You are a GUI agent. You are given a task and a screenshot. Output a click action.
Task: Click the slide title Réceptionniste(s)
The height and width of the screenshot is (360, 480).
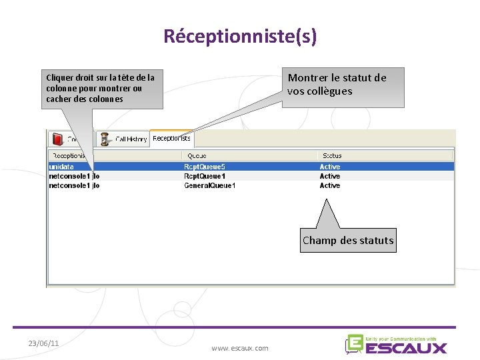(240, 36)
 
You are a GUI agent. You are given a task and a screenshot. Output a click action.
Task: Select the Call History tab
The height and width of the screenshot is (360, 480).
(131, 139)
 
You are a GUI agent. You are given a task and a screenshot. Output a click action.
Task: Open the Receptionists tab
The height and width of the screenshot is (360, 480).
(171, 139)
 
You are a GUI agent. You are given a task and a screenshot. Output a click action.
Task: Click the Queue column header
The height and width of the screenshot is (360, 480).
(197, 156)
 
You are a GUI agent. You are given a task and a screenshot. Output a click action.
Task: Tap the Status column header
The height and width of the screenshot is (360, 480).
(332, 156)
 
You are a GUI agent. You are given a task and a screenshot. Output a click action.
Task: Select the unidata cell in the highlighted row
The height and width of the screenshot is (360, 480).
(61, 167)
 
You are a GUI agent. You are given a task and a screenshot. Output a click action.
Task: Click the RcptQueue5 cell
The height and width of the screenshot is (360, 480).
(205, 167)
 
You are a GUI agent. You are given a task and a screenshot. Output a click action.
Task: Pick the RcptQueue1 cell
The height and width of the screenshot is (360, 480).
(205, 176)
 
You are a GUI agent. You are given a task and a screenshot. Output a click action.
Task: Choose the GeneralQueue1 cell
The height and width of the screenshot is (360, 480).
(209, 185)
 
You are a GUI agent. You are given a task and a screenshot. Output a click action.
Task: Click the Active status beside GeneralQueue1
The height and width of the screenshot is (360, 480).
(330, 185)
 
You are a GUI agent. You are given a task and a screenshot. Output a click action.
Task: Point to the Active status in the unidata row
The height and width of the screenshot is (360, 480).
(330, 167)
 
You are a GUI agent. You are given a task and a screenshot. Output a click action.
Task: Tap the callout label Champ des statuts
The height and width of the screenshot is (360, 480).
(348, 241)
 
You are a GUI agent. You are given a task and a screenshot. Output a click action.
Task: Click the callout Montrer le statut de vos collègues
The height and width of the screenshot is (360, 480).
(337, 85)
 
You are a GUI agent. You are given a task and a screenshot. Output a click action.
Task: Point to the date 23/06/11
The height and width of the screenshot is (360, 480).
(43, 343)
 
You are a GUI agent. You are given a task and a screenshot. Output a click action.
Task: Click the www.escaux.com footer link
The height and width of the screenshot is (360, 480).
(240, 348)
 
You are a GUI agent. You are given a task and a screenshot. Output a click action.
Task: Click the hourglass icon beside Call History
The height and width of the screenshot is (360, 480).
(105, 139)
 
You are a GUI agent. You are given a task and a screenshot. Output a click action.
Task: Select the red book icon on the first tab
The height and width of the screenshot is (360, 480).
(57, 139)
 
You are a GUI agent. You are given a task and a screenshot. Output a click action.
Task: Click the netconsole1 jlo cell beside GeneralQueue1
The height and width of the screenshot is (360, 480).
(74, 185)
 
